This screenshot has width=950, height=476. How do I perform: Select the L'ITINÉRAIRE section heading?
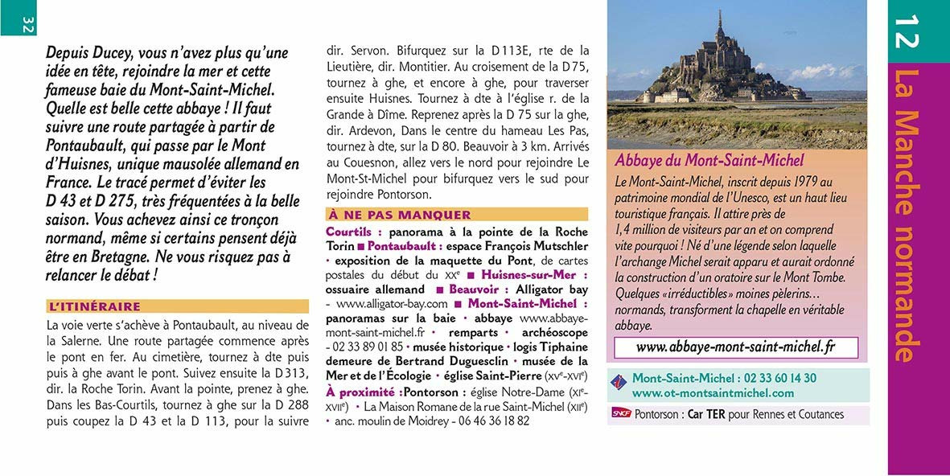(96, 306)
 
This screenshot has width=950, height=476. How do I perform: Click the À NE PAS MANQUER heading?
(399, 215)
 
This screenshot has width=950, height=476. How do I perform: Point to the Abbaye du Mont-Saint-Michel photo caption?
(709, 161)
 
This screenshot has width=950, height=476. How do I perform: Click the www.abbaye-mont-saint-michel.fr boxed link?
(735, 347)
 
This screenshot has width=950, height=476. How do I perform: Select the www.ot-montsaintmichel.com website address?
(713, 393)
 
